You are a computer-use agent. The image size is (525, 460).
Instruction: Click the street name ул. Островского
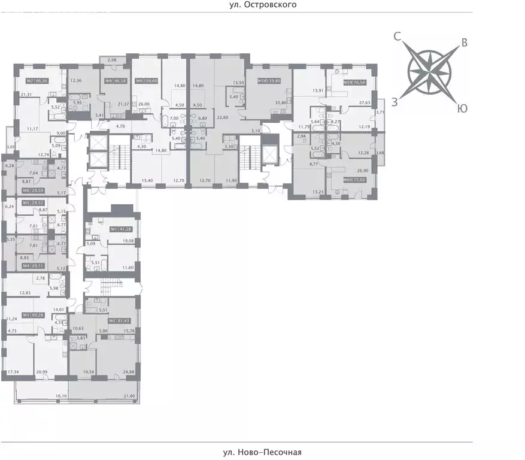point(262,4)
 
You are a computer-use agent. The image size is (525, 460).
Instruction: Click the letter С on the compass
point(397,37)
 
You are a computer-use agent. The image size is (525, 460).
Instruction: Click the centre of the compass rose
point(430,73)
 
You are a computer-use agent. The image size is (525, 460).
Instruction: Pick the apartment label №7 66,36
point(37,81)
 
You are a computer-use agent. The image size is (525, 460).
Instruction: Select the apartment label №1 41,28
point(120,229)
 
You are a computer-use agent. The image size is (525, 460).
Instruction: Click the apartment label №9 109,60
point(147,81)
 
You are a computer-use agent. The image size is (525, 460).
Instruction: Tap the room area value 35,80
point(280,102)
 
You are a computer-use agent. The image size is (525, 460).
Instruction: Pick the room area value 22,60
point(223,118)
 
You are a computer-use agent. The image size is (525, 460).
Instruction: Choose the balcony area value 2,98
point(113,59)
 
